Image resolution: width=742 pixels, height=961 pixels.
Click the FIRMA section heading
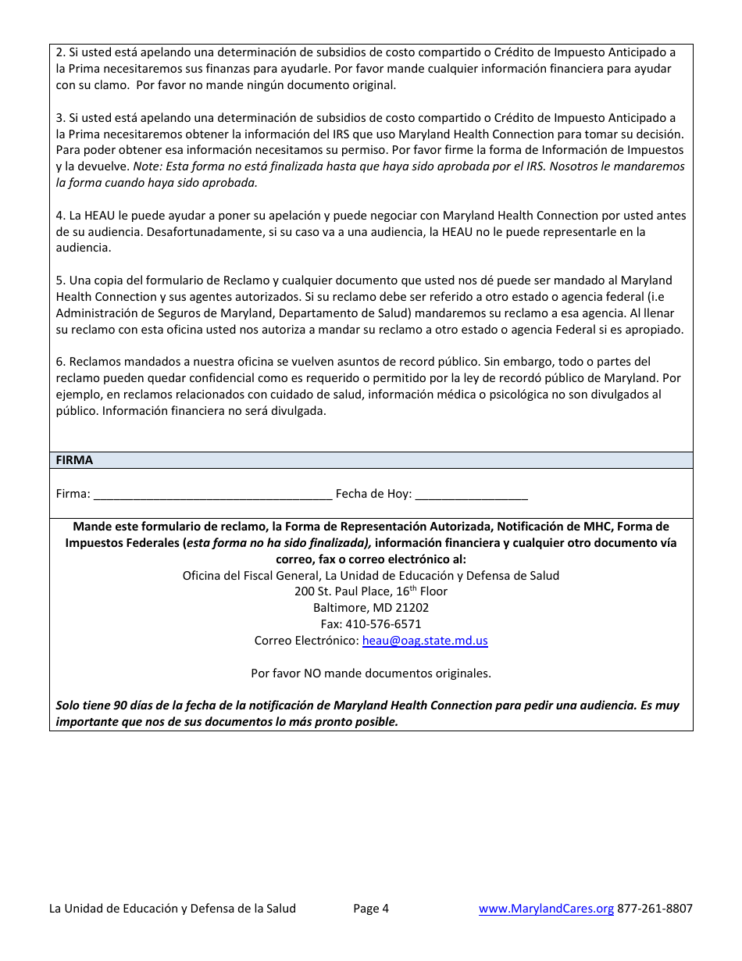tap(74, 460)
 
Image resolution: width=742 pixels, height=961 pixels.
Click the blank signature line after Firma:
tap(212, 494)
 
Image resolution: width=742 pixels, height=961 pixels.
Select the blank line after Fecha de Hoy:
tap(471, 494)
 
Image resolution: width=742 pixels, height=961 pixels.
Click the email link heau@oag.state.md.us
tap(425, 641)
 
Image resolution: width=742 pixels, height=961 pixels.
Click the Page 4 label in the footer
tap(371, 908)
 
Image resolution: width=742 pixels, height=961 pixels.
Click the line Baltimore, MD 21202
tap(371, 608)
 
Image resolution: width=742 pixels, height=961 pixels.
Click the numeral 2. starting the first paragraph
tap(60, 52)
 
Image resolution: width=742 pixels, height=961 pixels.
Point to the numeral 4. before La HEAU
tap(60, 216)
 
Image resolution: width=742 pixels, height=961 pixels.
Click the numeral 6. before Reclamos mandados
tap(60, 362)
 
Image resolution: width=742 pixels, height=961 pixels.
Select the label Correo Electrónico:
tap(306, 641)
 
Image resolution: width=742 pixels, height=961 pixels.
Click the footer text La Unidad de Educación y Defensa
tap(172, 908)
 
